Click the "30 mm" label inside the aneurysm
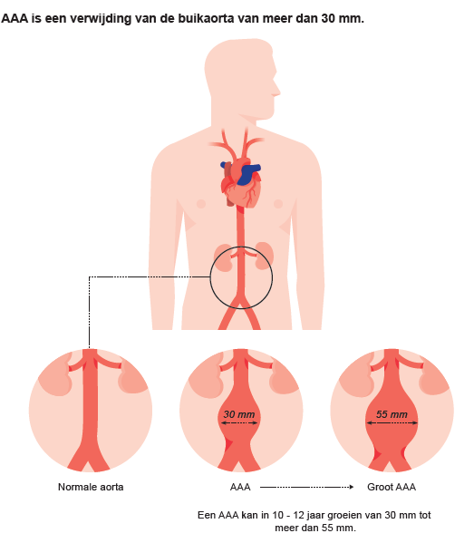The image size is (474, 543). coord(239,414)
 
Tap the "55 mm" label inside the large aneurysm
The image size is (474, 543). coord(392,414)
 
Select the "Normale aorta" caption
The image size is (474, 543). coord(91,487)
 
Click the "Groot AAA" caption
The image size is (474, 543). coord(392,487)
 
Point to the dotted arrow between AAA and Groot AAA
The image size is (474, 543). coord(306,487)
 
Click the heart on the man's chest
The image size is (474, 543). coord(240,182)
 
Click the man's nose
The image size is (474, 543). coord(276,91)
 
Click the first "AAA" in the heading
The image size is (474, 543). coord(15,18)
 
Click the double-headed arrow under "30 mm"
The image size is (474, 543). coord(239,422)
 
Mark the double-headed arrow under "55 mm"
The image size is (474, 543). coord(392,422)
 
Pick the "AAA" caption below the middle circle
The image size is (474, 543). coord(240,487)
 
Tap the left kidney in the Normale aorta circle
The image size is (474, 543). coord(55,377)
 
